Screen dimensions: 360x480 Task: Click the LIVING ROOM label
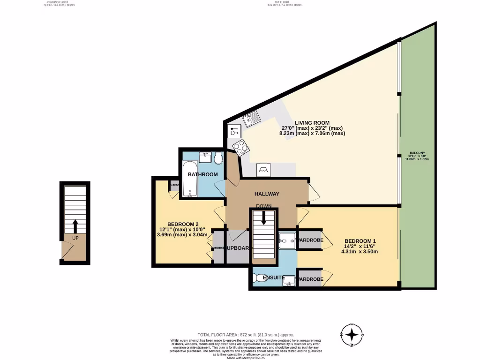click(x=312, y=123)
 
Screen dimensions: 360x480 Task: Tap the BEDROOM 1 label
click(x=360, y=241)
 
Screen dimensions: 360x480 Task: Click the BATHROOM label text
click(x=202, y=174)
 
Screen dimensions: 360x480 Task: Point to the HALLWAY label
click(x=267, y=194)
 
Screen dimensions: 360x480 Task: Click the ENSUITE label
click(x=274, y=278)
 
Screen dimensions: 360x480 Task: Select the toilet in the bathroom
click(x=217, y=159)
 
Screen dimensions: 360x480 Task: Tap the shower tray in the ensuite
click(x=287, y=240)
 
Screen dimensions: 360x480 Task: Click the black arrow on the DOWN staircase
click(x=263, y=217)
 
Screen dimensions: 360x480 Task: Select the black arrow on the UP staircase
click(x=75, y=226)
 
